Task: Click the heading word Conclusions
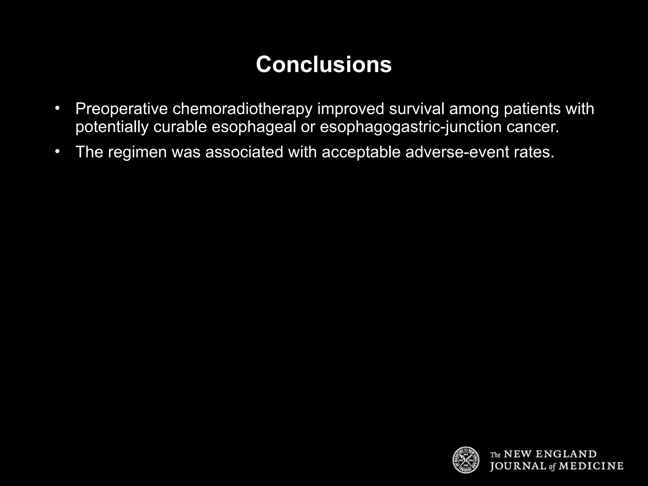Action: (324, 65)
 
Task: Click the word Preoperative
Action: (121, 109)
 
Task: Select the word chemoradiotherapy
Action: (242, 109)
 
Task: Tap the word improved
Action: (351, 109)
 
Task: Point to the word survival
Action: (416, 109)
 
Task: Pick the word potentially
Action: (111, 127)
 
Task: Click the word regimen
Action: (137, 152)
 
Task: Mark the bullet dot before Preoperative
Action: (57, 109)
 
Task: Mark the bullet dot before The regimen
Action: (57, 152)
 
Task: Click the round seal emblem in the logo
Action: (466, 460)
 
